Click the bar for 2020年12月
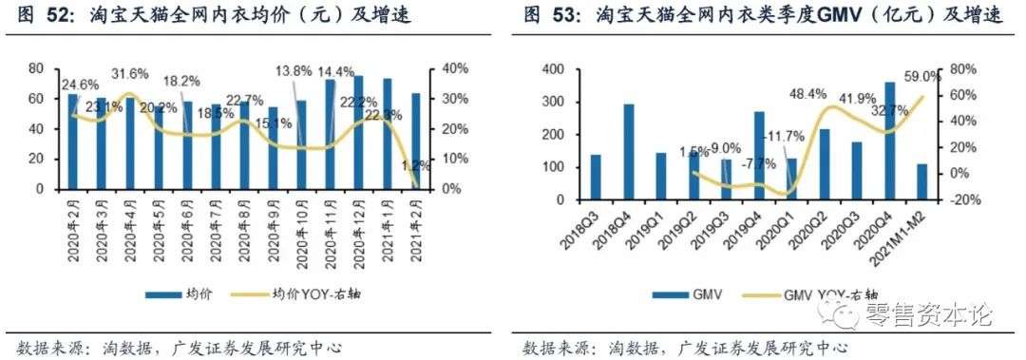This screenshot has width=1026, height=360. click(358, 132)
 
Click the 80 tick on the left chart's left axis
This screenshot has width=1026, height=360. click(35, 69)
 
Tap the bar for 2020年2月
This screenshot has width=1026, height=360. click(72, 142)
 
